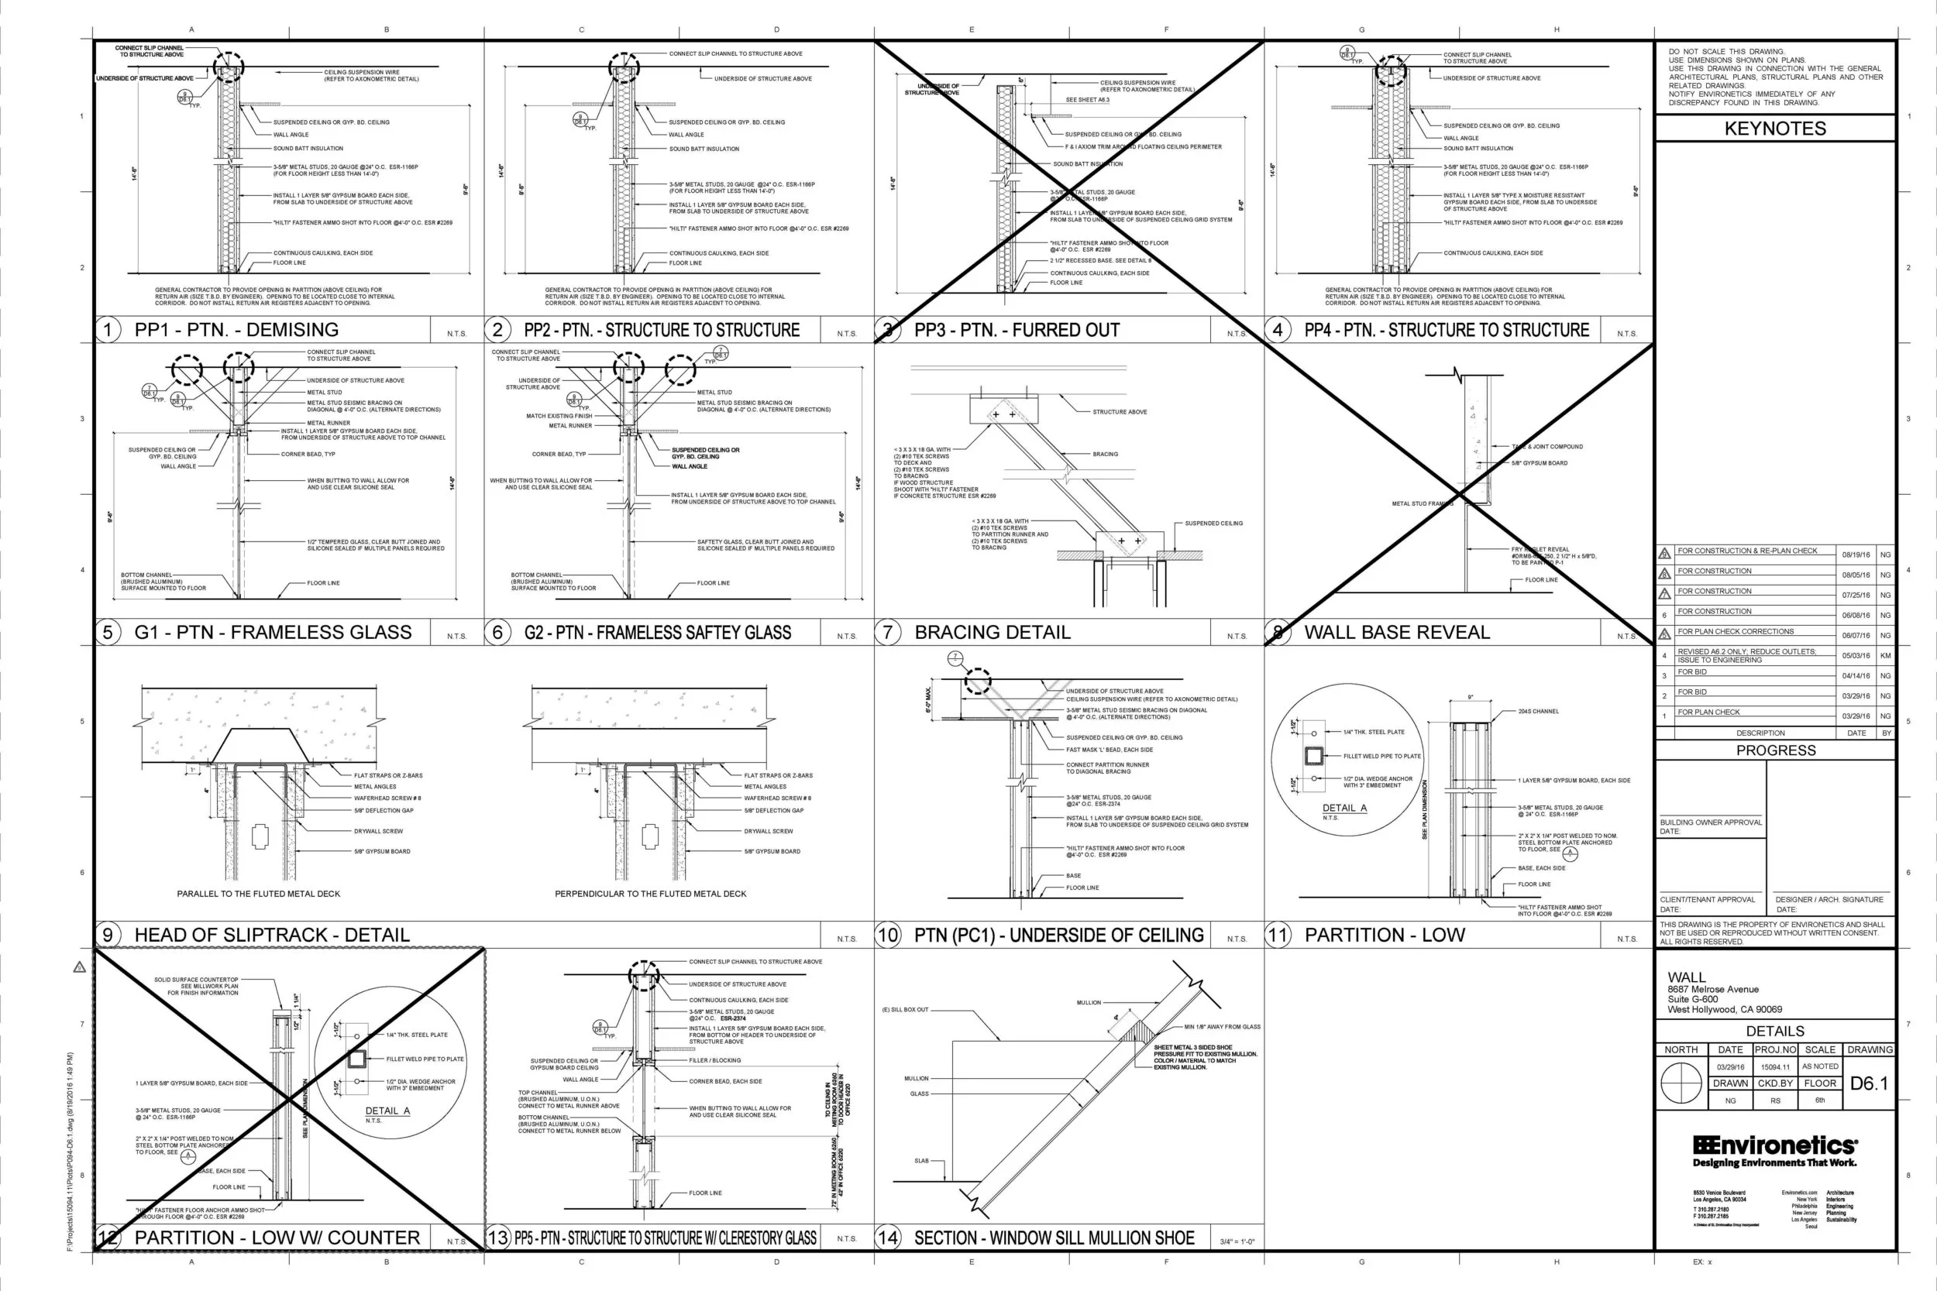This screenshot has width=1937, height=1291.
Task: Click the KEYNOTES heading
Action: (1775, 129)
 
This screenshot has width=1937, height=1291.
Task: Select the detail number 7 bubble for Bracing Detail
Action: (887, 632)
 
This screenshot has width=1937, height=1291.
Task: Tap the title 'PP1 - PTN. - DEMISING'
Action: (236, 330)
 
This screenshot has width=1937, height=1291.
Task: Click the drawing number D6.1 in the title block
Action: (1869, 1083)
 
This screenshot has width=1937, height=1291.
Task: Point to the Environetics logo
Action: (1775, 1150)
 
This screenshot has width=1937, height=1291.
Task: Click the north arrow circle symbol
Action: (1681, 1083)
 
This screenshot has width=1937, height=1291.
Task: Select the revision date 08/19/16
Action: (1856, 555)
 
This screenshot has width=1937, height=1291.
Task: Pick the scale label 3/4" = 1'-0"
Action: (1237, 1241)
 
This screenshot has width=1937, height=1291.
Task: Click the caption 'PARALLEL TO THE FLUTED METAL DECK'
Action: (258, 894)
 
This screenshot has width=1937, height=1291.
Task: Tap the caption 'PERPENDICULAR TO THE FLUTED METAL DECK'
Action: (650, 894)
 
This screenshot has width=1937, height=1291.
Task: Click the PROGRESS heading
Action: (1776, 750)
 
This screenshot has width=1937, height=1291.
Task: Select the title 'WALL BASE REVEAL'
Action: (1397, 632)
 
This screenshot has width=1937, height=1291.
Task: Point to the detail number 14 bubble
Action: (887, 1238)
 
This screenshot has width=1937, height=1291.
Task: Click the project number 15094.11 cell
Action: (1775, 1067)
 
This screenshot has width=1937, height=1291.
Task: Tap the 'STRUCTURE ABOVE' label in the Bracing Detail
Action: (1120, 412)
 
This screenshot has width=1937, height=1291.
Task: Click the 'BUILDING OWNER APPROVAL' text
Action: (1711, 822)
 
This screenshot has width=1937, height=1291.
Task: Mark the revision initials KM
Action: (1885, 655)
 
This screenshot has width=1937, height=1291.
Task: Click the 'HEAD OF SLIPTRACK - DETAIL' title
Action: (272, 936)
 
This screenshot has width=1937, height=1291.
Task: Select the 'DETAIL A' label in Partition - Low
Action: (1344, 808)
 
